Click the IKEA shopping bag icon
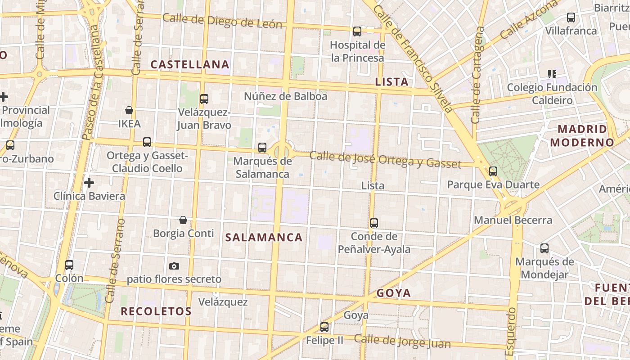tap(129, 110)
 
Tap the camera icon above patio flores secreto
tap(174, 266)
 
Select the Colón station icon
tap(69, 265)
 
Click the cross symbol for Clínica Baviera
tap(89, 183)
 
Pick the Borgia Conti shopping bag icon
tap(183, 220)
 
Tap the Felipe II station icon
tap(324, 327)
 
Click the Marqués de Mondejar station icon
tap(544, 248)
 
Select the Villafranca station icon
tap(571, 18)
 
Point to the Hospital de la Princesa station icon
tap(357, 31)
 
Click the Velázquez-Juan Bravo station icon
tap(204, 99)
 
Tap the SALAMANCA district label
tap(264, 238)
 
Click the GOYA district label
tap(394, 293)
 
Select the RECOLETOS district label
tap(156, 311)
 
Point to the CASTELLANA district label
tap(190, 65)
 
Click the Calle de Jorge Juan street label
tap(402, 341)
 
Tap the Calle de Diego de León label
tap(222, 21)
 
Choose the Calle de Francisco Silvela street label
tap(413, 58)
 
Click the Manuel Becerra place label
tap(513, 220)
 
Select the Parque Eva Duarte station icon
tap(493, 171)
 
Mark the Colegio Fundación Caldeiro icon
tap(552, 74)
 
